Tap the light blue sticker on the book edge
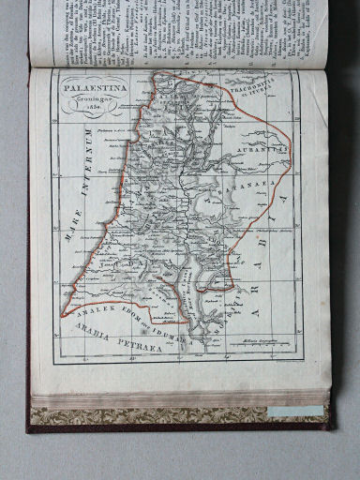pyautogui.click(x=294, y=412)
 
